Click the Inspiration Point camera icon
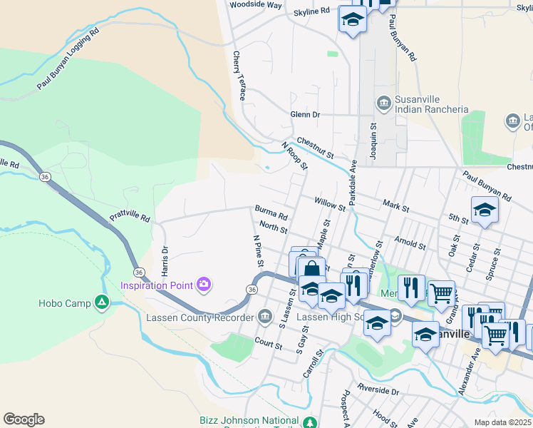(205, 285)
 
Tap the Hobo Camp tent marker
(102, 303)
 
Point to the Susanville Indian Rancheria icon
(384, 103)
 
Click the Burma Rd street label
(271, 213)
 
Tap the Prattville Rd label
(130, 215)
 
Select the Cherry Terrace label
(238, 75)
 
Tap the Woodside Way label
(255, 4)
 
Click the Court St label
(269, 344)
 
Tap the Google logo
(24, 419)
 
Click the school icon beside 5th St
(485, 210)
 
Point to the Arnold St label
(410, 243)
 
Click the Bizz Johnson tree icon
(310, 422)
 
